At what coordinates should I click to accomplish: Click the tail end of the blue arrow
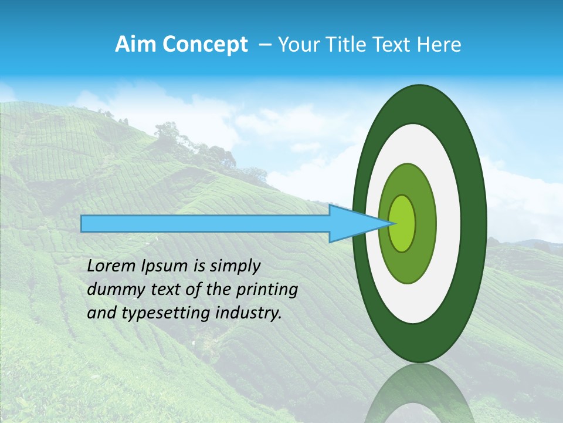tap(85, 223)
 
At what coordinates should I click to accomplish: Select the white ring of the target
tap(449, 223)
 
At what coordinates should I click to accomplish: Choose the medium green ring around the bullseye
tap(426, 223)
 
